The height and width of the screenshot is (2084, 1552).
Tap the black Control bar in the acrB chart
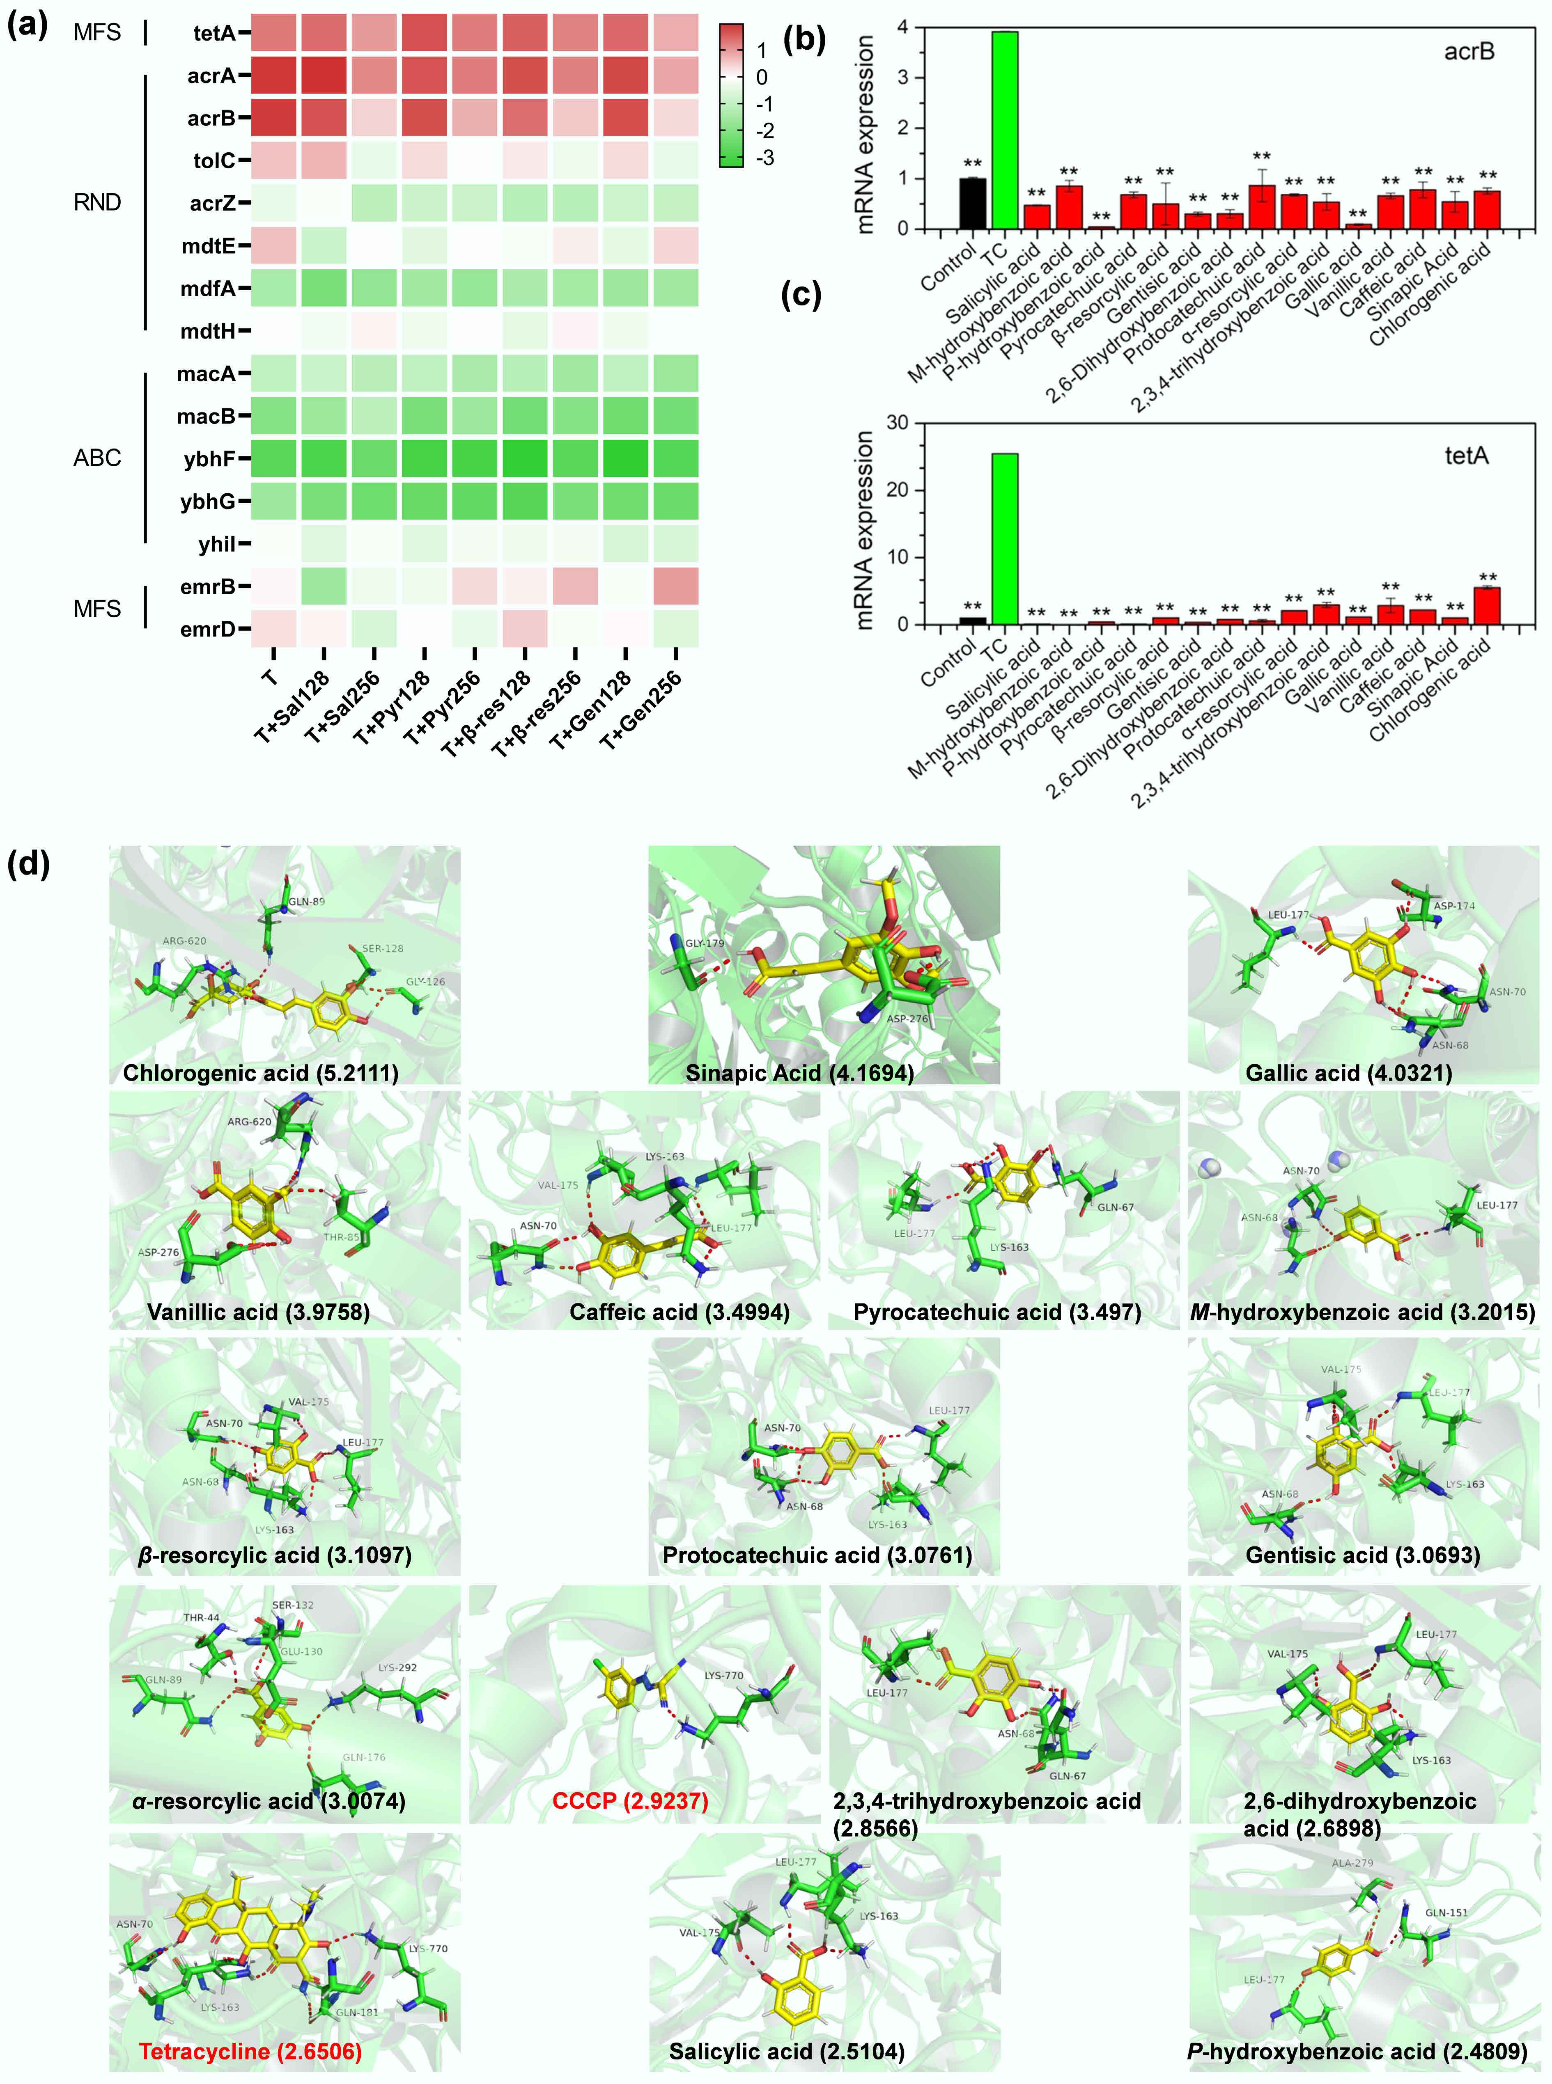click(972, 203)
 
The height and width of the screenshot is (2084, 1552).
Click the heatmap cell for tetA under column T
click(273, 33)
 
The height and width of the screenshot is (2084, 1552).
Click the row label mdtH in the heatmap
click(209, 331)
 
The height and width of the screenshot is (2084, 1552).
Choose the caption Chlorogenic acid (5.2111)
click(260, 1072)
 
